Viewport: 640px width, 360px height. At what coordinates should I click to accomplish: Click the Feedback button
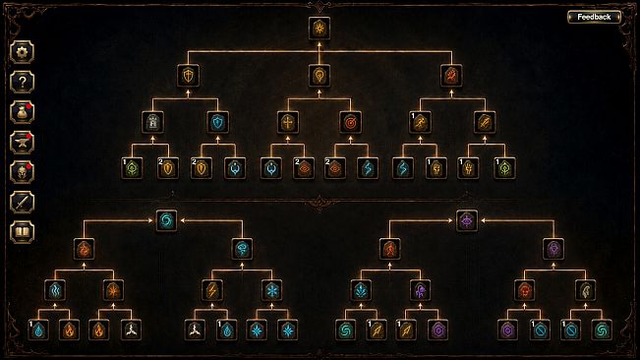click(x=594, y=17)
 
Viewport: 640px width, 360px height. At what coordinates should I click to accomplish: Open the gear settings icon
click(x=22, y=52)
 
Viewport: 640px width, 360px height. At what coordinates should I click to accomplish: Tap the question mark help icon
click(x=22, y=82)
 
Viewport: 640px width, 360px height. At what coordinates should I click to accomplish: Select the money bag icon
click(x=22, y=112)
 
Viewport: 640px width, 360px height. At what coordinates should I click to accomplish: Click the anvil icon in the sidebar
click(x=22, y=142)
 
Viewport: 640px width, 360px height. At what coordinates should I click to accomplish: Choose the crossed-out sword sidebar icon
click(x=22, y=202)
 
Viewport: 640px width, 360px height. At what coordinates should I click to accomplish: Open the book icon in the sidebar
click(x=22, y=232)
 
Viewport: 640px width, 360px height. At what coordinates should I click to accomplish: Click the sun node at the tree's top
click(x=320, y=29)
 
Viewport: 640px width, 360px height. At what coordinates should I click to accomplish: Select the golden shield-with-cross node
click(x=188, y=76)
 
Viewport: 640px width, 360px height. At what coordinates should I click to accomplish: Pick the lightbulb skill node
click(x=320, y=76)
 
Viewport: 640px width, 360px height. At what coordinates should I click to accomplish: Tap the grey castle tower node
click(x=153, y=122)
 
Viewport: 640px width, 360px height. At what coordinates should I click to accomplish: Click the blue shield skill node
click(x=218, y=122)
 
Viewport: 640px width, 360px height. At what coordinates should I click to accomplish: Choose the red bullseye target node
click(x=350, y=122)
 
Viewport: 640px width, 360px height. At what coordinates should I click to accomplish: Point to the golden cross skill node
click(x=288, y=122)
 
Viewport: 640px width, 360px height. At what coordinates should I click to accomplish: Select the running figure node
click(x=420, y=122)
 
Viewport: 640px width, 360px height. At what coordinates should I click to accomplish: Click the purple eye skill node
click(x=467, y=220)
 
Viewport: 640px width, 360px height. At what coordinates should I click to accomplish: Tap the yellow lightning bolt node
click(x=212, y=290)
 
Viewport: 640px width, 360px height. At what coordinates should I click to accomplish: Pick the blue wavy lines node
click(x=55, y=290)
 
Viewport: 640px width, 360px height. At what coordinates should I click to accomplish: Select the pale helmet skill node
click(x=586, y=290)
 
